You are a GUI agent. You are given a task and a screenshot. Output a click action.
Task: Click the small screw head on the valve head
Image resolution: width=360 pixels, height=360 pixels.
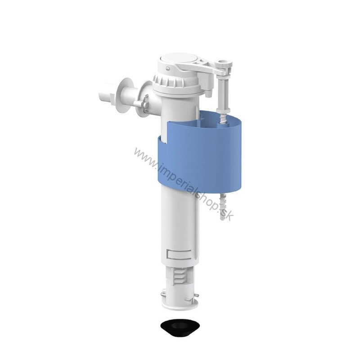tap(168, 68)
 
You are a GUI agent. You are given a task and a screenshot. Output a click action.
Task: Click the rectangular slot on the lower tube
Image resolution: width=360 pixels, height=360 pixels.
tap(178, 254)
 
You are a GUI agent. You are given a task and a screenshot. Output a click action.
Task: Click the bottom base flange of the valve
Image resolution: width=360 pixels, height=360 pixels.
tap(180, 303)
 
